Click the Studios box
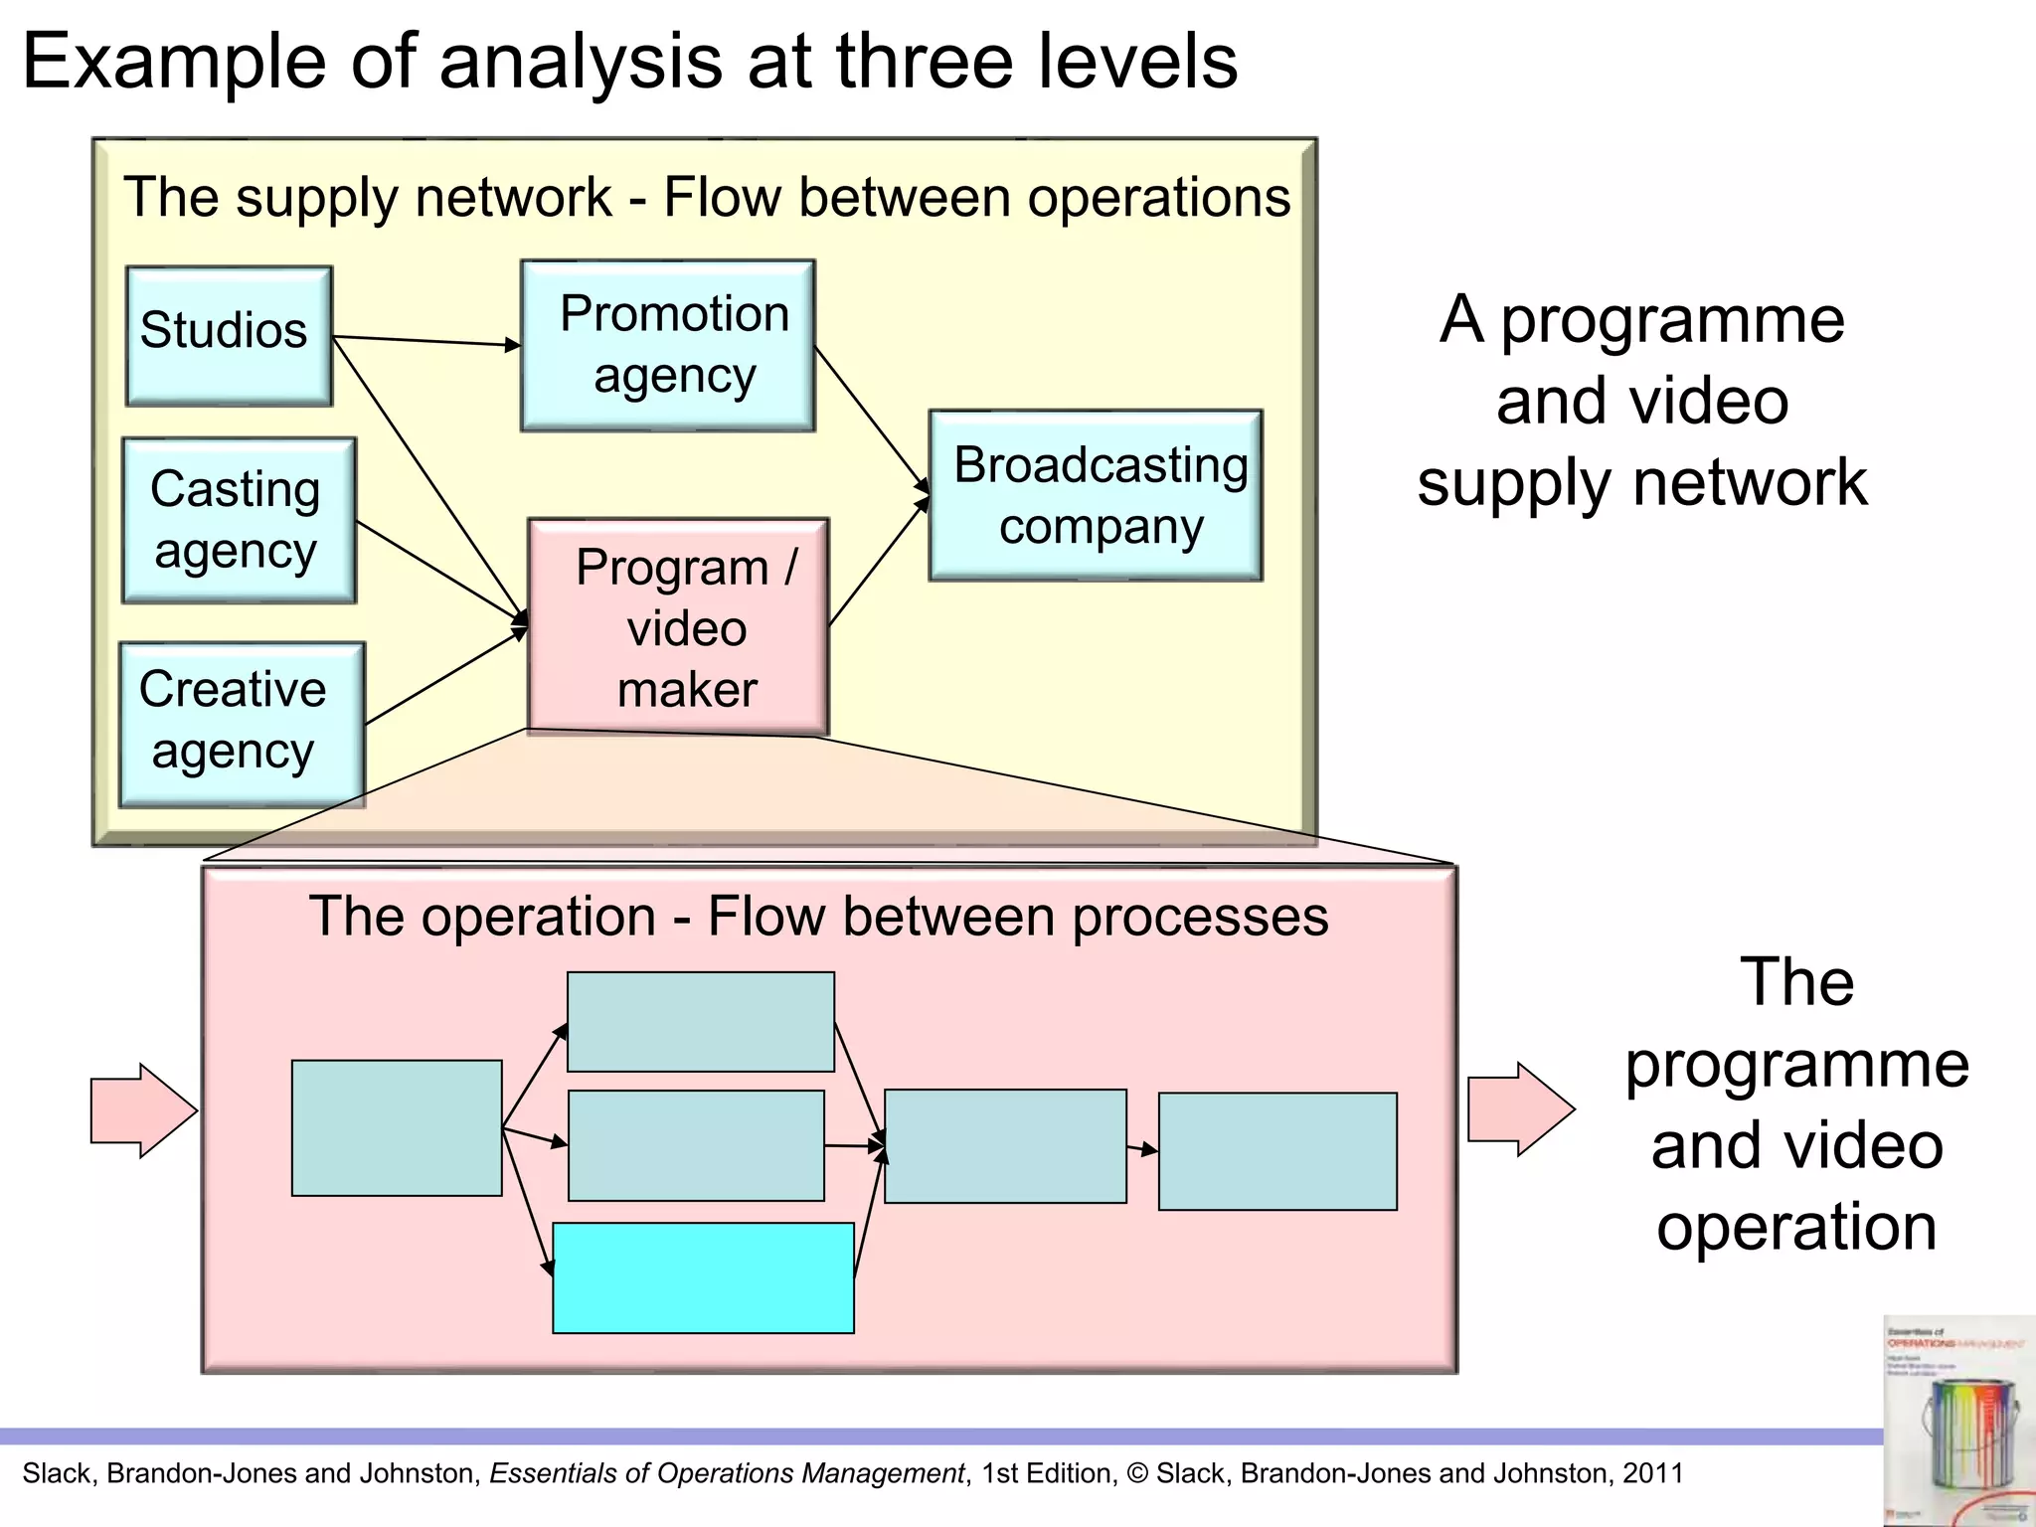tap(229, 335)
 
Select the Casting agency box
tap(239, 520)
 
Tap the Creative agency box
tap(242, 724)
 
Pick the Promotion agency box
tap(668, 345)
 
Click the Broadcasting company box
tap(1096, 495)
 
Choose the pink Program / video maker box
tap(678, 626)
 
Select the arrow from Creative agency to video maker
tap(445, 677)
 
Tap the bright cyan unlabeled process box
tap(703, 1277)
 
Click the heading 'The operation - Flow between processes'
tap(818, 916)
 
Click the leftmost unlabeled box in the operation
tap(397, 1127)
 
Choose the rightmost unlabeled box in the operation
tap(1277, 1151)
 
